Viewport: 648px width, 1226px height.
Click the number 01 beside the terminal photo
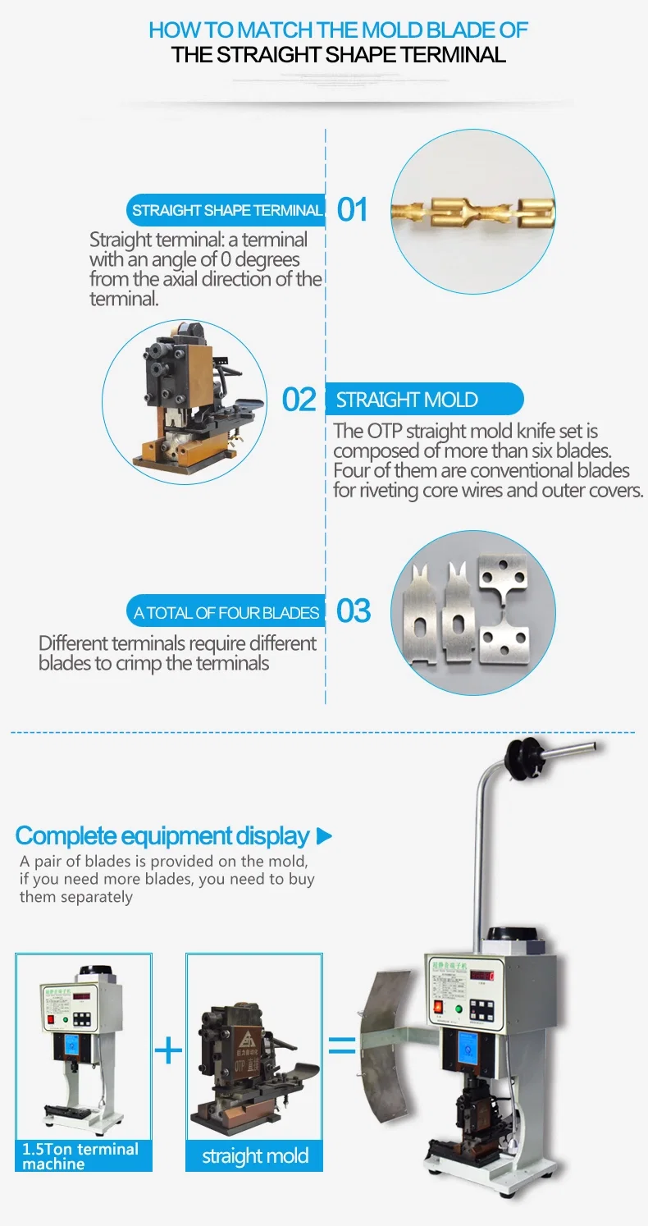[x=353, y=210]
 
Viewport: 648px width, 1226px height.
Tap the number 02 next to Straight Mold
[x=299, y=400]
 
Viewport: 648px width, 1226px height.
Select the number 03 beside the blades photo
[x=354, y=611]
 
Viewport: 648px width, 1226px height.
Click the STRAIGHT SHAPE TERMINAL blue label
[x=226, y=210]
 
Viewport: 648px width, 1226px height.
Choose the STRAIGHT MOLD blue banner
[x=424, y=400]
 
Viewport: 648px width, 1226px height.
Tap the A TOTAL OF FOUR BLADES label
[x=226, y=612]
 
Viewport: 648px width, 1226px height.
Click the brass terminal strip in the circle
[x=472, y=210]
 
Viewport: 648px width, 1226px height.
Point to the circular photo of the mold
[x=184, y=400]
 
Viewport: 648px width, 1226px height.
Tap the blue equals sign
[x=342, y=1045]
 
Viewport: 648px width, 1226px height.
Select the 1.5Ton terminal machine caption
[x=82, y=1155]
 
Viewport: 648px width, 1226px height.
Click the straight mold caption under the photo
[x=255, y=1156]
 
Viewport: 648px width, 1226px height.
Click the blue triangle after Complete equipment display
[x=324, y=837]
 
